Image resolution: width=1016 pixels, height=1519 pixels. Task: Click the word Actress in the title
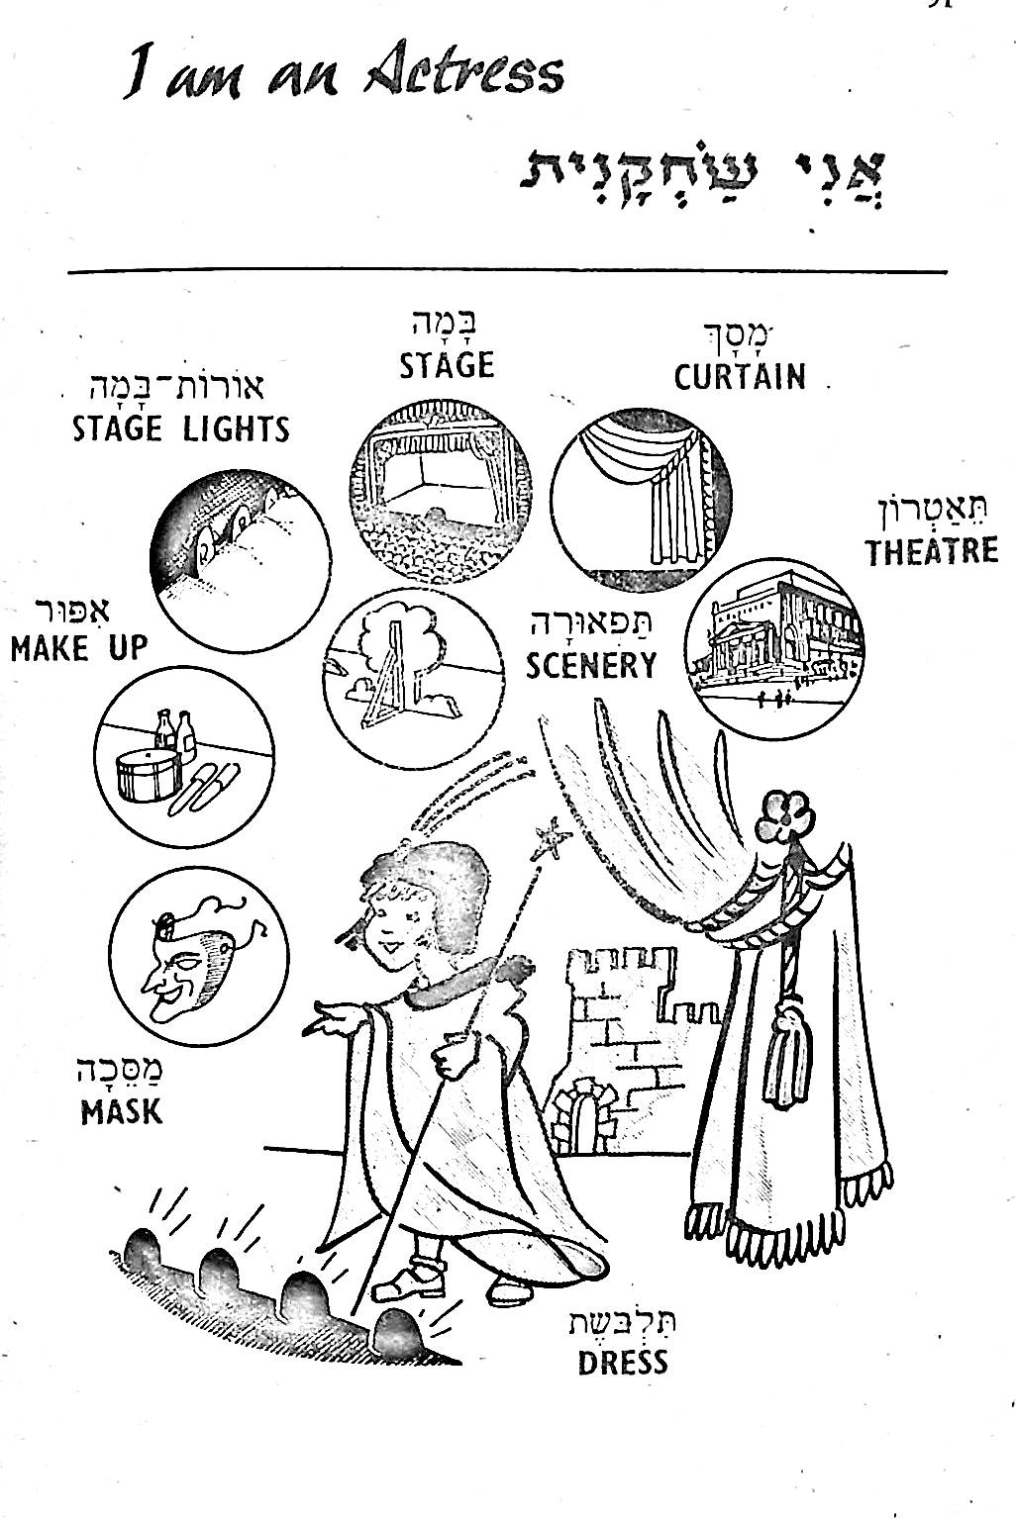pyautogui.click(x=463, y=74)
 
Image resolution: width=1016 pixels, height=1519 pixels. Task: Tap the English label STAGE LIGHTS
pyautogui.click(x=181, y=428)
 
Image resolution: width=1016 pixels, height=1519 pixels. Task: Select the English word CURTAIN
pyautogui.click(x=739, y=377)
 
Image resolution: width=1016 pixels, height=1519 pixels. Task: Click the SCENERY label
pyautogui.click(x=591, y=665)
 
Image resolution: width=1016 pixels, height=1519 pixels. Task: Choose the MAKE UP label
pyautogui.click(x=78, y=649)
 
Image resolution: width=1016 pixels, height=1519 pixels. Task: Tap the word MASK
pyautogui.click(x=121, y=1111)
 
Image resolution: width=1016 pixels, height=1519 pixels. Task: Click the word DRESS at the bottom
pyautogui.click(x=623, y=1363)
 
